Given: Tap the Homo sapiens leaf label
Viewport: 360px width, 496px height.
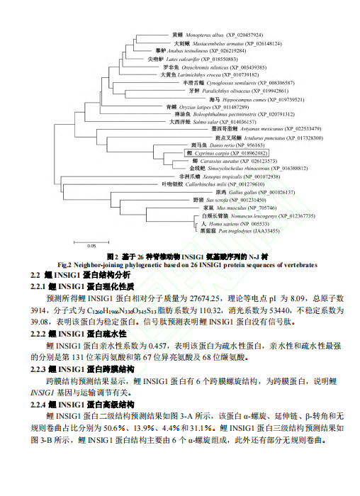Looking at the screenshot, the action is (214, 223).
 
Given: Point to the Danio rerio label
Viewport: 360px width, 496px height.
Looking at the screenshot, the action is (206, 145).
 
